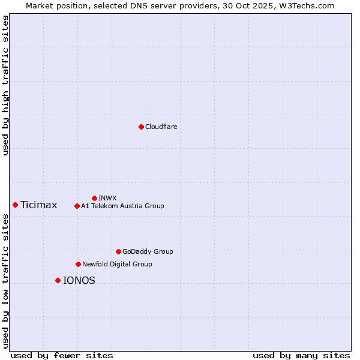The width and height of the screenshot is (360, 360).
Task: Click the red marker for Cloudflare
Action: point(141,127)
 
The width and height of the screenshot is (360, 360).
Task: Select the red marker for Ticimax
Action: point(15,205)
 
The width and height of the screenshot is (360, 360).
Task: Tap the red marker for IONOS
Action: point(58,280)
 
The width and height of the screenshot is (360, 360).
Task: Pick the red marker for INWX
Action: point(94,198)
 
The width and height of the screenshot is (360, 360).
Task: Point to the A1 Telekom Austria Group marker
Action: point(77,206)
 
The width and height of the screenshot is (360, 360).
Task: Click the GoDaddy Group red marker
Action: point(118,251)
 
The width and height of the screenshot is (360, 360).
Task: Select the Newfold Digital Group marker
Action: point(78,264)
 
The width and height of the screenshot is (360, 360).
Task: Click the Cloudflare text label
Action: point(161,127)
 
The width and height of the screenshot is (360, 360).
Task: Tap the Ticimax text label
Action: point(39,205)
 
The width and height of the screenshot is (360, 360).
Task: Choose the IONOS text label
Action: point(79,280)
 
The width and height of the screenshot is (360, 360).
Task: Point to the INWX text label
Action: point(107,198)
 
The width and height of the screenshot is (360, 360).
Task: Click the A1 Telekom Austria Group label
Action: point(122,206)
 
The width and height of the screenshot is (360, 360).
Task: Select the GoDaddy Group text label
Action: point(148,251)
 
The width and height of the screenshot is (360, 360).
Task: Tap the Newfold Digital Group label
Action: point(117,264)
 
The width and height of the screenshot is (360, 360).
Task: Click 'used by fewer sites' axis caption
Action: point(62,355)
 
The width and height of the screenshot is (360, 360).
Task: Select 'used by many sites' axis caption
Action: point(301,355)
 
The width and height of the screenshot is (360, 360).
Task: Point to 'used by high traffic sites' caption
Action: point(6,85)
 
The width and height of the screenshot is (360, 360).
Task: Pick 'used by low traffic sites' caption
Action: point(6,281)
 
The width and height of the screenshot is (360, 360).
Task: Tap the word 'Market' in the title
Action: point(40,5)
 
